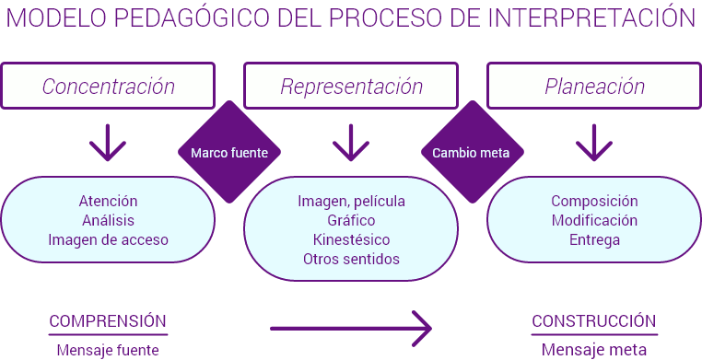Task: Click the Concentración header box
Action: pyautogui.click(x=108, y=87)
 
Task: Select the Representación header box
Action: pyautogui.click(x=351, y=87)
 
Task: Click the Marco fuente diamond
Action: pyautogui.click(x=228, y=153)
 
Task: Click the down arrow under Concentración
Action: pyautogui.click(x=108, y=141)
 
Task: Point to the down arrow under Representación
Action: pyautogui.click(x=351, y=141)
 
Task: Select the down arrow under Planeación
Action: pyautogui.click(x=593, y=141)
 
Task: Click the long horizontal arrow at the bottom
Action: pyautogui.click(x=351, y=325)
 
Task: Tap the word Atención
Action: pyautogui.click(x=108, y=201)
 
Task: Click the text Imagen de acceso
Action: pyautogui.click(x=108, y=239)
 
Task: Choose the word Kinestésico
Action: pyautogui.click(x=351, y=239)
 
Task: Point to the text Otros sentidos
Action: pyautogui.click(x=351, y=259)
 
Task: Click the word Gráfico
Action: pyautogui.click(x=351, y=220)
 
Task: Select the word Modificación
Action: pyautogui.click(x=593, y=220)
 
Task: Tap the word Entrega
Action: pyautogui.click(x=593, y=239)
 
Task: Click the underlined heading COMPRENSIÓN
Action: pyautogui.click(x=108, y=320)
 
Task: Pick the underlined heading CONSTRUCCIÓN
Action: pyautogui.click(x=593, y=320)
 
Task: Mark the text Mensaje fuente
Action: pyautogui.click(x=108, y=349)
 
